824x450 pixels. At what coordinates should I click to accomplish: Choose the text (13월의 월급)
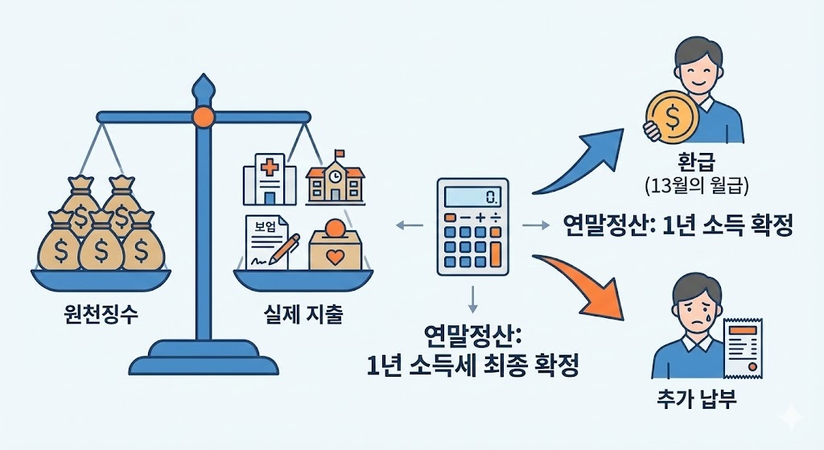pos(698,187)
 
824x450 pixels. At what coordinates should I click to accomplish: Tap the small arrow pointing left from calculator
pos(409,227)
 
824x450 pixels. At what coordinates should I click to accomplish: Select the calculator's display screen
pos(472,196)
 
